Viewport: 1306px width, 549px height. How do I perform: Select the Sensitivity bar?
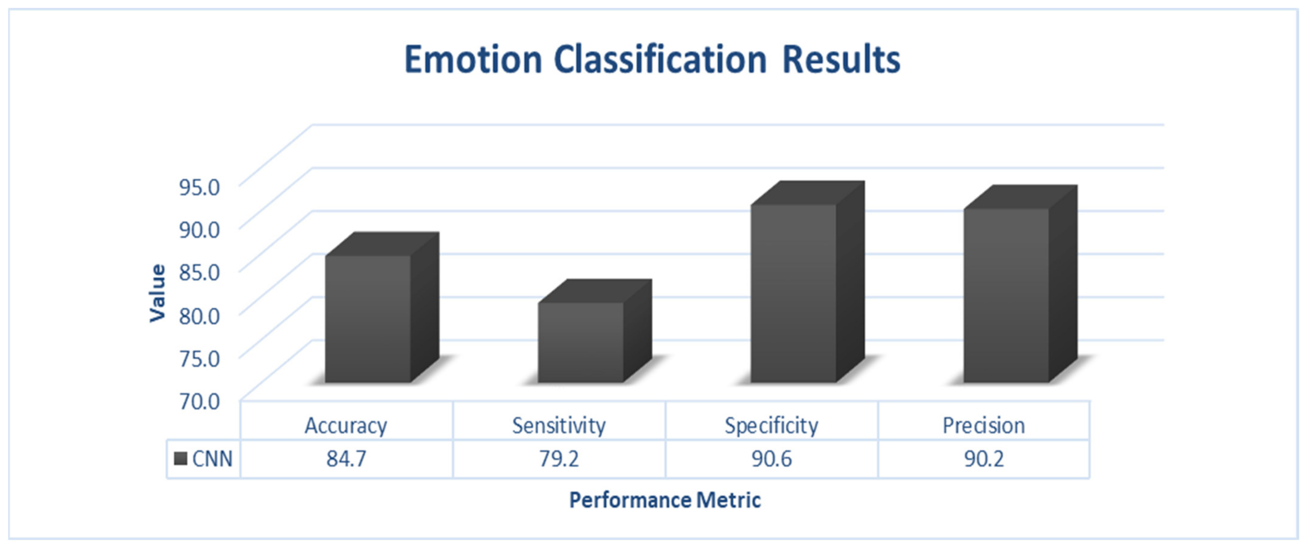[594, 331]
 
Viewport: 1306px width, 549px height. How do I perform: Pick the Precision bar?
[1020, 284]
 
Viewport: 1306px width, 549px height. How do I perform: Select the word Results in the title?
[841, 60]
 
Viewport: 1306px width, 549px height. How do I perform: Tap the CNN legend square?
[181, 459]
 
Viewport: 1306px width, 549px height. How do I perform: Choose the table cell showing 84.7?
[346, 459]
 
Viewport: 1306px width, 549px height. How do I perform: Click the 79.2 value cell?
[559, 459]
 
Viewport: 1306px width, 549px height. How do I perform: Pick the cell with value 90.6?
[771, 459]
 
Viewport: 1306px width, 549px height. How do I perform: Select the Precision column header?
[983, 425]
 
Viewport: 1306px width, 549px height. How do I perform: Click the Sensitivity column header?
[559, 425]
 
